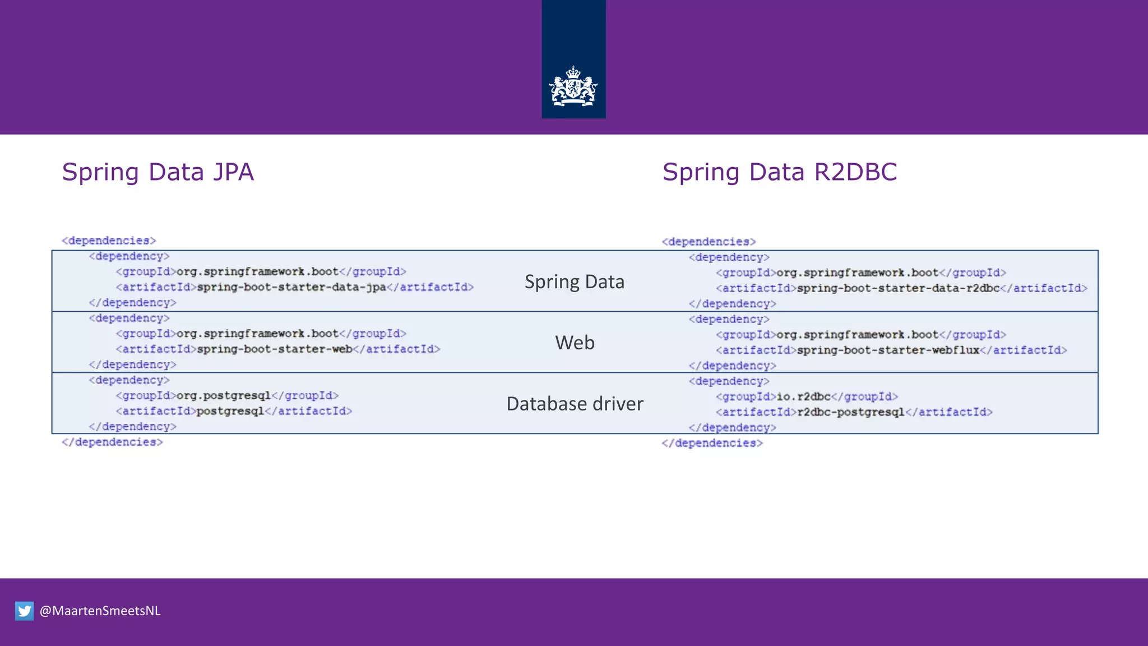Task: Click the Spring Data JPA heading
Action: coord(158,172)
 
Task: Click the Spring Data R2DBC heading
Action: coord(779,172)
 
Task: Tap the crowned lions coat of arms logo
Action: coord(573,86)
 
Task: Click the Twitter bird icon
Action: coord(24,611)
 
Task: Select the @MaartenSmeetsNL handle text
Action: coord(100,611)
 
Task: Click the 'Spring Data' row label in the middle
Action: coord(574,282)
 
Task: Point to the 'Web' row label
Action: coord(575,343)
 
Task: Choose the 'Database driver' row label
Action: coord(575,404)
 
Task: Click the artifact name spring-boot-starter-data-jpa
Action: coord(291,287)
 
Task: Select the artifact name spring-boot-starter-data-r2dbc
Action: coord(898,288)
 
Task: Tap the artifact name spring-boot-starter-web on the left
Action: coord(275,349)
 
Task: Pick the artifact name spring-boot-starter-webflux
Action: coord(888,350)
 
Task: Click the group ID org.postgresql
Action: coord(223,395)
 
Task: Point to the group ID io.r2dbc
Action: coord(803,396)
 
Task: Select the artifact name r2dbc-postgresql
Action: coord(850,412)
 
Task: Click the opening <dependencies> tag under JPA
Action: coord(109,241)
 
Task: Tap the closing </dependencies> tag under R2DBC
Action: coord(712,443)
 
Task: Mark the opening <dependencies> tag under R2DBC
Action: coord(709,242)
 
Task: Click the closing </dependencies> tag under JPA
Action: coord(112,442)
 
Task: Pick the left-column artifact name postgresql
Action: coord(230,411)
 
